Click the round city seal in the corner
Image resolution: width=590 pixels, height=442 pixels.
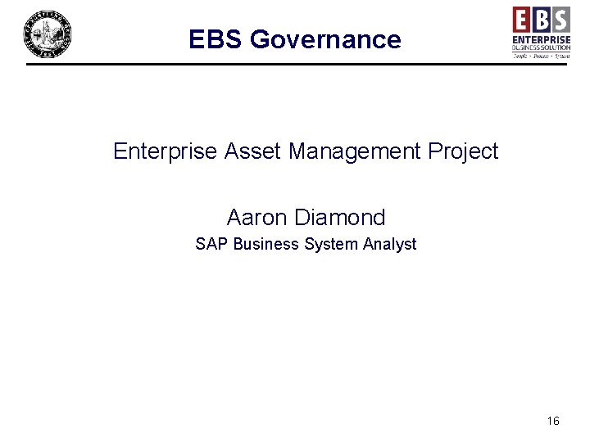47,34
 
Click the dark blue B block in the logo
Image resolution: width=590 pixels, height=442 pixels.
542,18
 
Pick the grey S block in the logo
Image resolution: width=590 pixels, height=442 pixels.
560,18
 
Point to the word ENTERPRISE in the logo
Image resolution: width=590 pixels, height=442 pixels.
542,39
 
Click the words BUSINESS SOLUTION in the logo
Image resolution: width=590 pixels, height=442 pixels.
542,48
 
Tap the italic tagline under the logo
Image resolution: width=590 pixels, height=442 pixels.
542,56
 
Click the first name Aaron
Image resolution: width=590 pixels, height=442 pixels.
256,218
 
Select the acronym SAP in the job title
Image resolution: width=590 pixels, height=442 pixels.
211,244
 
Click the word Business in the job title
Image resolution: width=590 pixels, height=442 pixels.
265,244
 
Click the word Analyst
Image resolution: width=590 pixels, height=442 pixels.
388,244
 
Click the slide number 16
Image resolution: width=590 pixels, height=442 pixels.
553,421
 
